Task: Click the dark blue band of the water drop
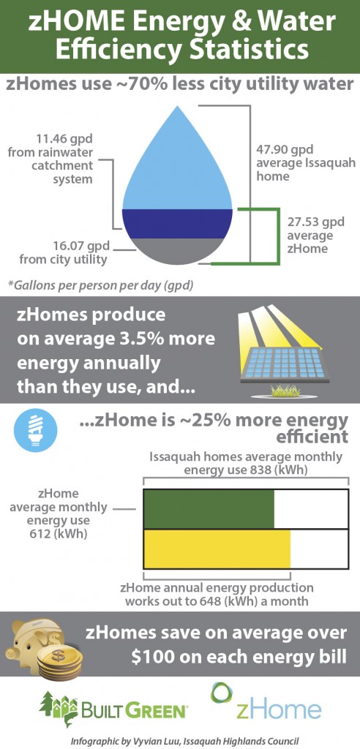(177, 224)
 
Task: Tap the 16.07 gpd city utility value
(82, 247)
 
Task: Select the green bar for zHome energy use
(209, 509)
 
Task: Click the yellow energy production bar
(217, 549)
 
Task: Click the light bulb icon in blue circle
(36, 431)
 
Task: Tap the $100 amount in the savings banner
(154, 657)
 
